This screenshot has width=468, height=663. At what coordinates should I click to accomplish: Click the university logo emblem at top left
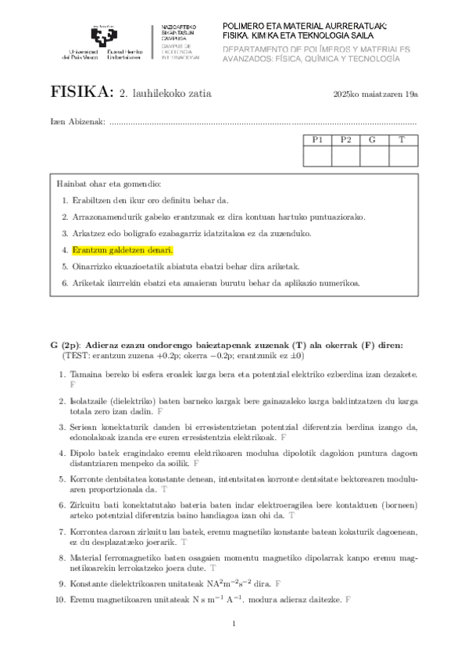pyautogui.click(x=105, y=35)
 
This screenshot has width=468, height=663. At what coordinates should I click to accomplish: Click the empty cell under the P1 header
pyautogui.click(x=317, y=156)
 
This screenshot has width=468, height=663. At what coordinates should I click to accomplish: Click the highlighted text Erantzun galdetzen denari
pyautogui.click(x=121, y=250)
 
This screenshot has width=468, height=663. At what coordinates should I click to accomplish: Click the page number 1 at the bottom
pyautogui.click(x=234, y=623)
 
